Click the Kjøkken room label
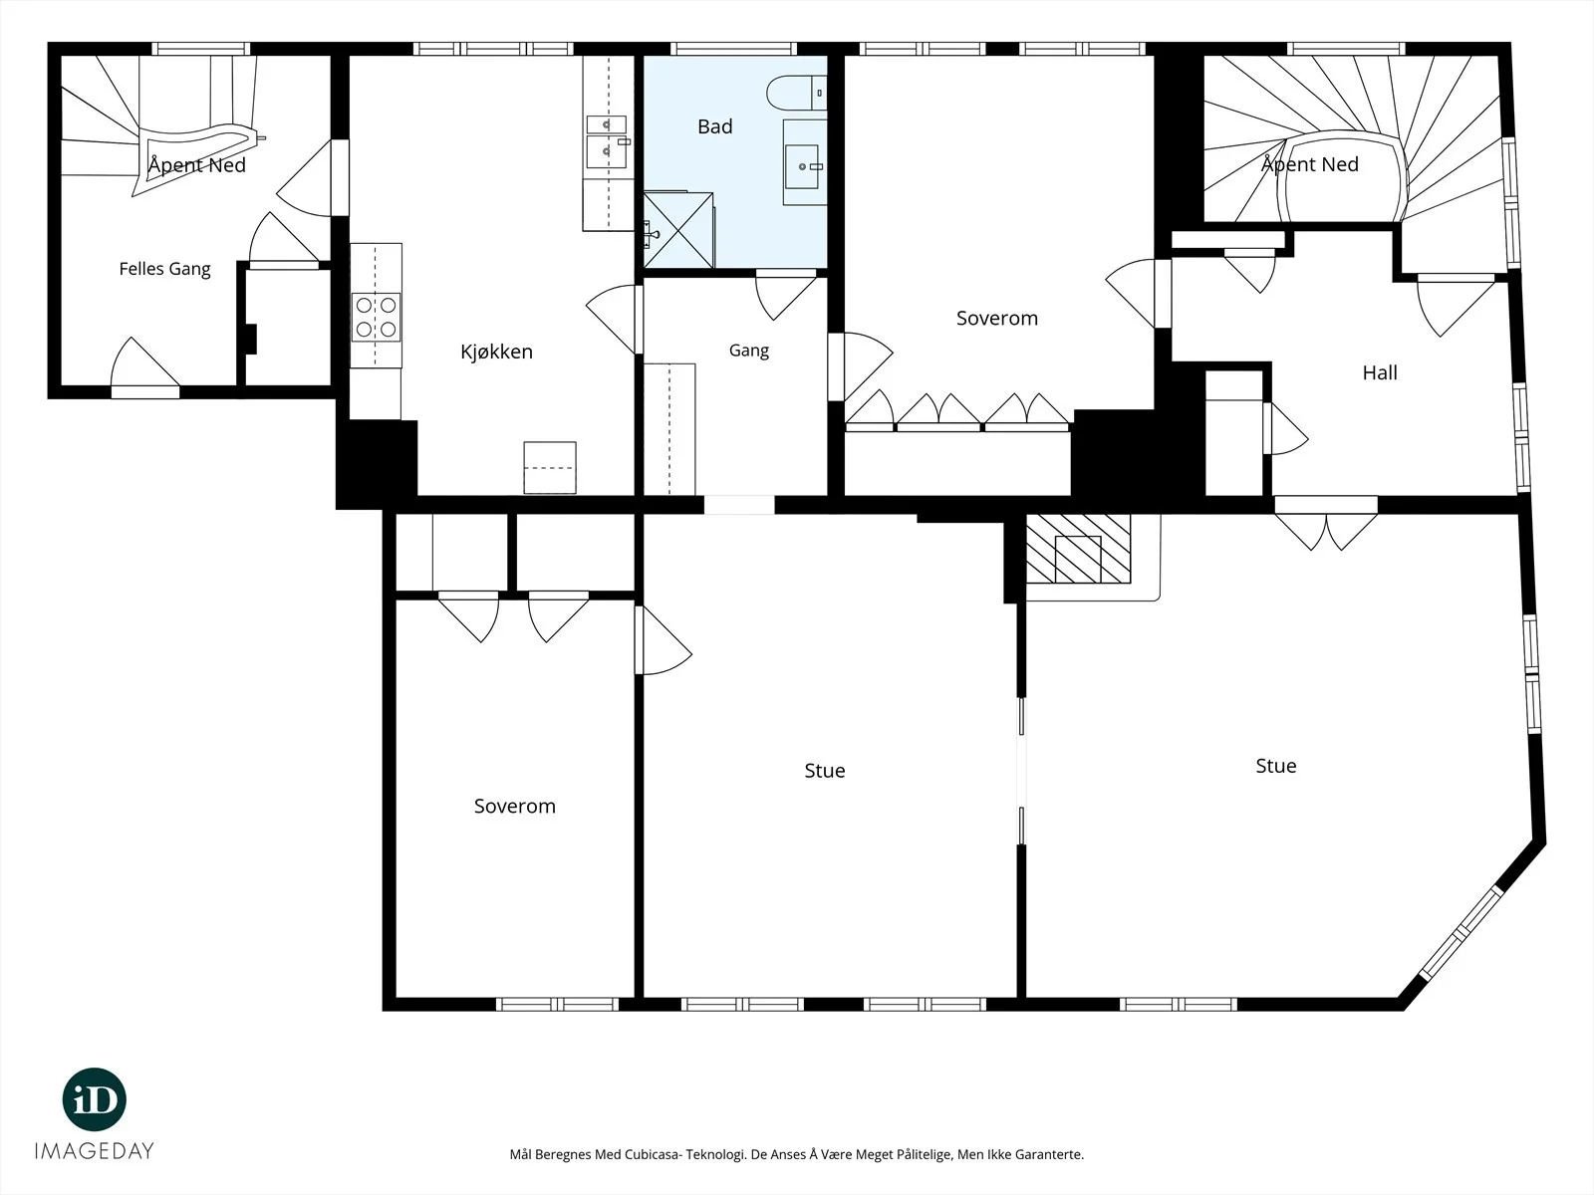pyautogui.click(x=497, y=352)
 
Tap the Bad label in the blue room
pyautogui.click(x=714, y=126)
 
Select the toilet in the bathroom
pyautogui.click(x=796, y=93)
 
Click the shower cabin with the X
pyautogui.click(x=678, y=229)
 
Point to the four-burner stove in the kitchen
pyautogui.click(x=376, y=318)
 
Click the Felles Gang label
pyautogui.click(x=164, y=269)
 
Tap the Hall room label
pyautogui.click(x=1380, y=372)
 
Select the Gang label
pyautogui.click(x=749, y=351)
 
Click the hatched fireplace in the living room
pyautogui.click(x=1078, y=550)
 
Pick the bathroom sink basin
pyautogui.click(x=802, y=167)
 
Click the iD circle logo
pyautogui.click(x=95, y=1099)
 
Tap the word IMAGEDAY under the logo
pyautogui.click(x=95, y=1151)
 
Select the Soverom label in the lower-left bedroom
pyautogui.click(x=515, y=806)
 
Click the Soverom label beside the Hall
pyautogui.click(x=997, y=318)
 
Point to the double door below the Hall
pyautogui.click(x=1326, y=523)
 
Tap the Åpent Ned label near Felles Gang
pyautogui.click(x=197, y=164)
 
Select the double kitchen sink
pyautogui.click(x=607, y=141)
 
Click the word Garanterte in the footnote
pyautogui.click(x=1050, y=1154)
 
